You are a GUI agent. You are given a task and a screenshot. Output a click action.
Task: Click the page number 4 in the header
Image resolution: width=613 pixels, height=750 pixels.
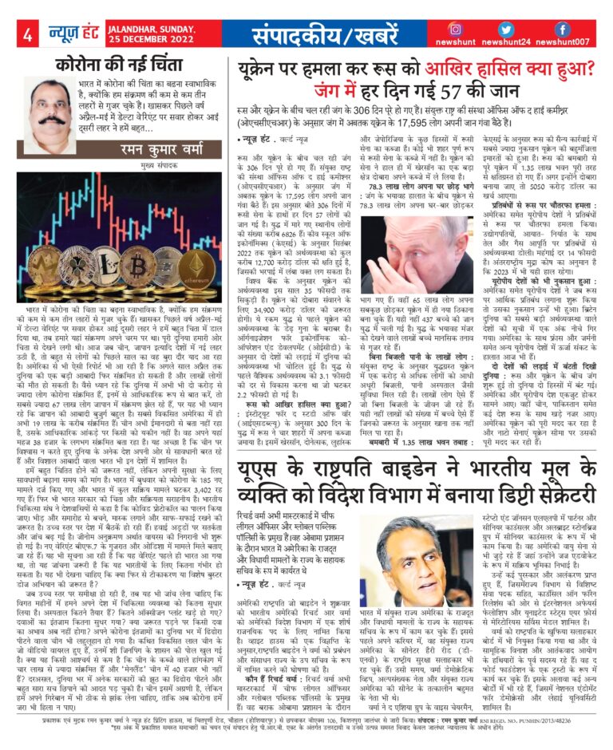pyautogui.click(x=26, y=35)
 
